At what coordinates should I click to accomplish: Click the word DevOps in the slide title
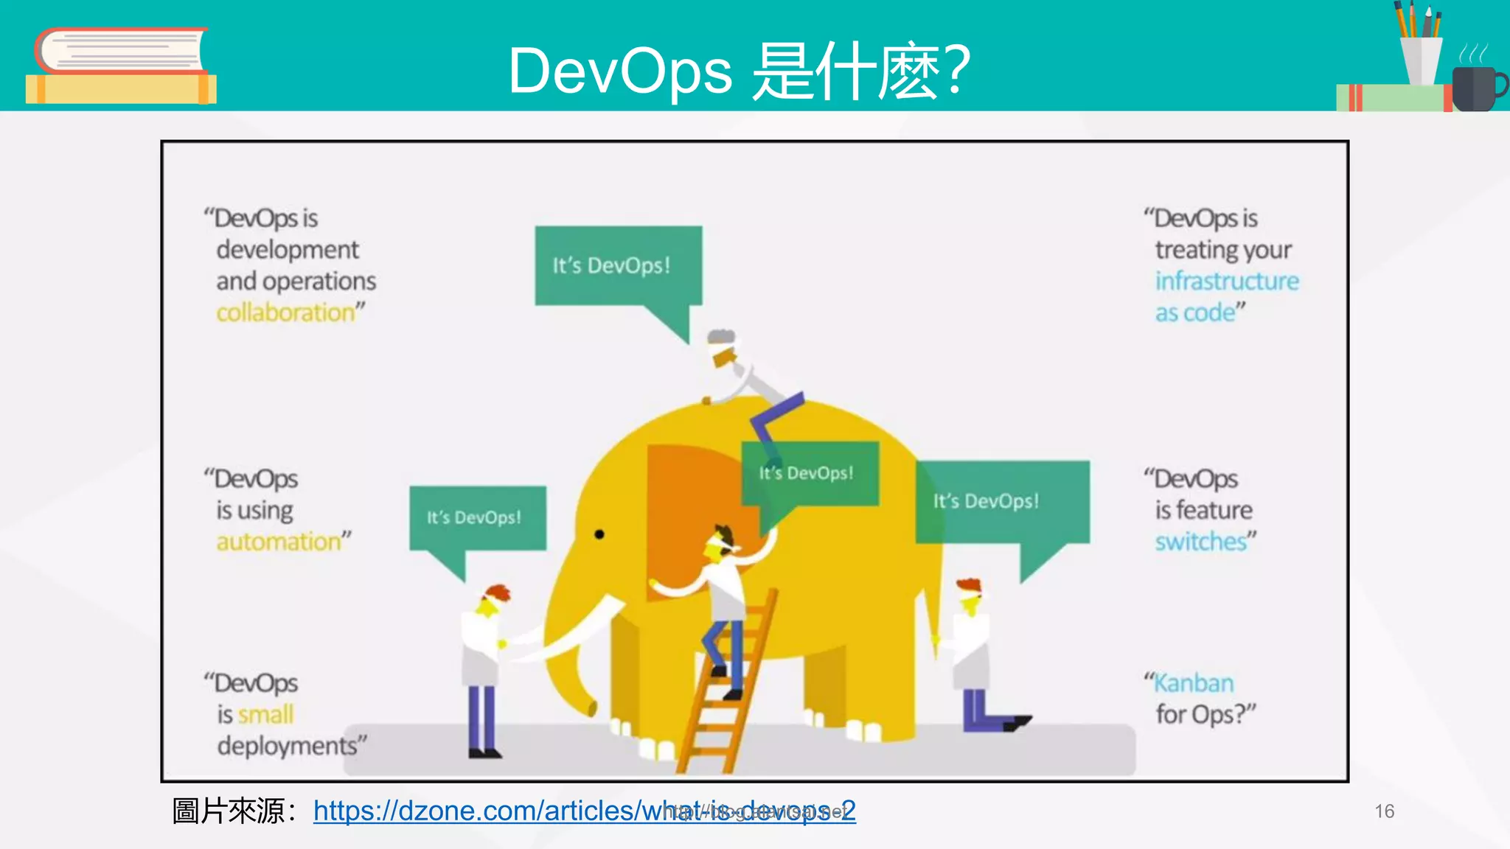(x=620, y=71)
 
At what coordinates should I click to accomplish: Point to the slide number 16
(x=1384, y=811)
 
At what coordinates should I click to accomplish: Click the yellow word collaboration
(x=286, y=312)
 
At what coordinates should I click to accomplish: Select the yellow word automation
(x=279, y=542)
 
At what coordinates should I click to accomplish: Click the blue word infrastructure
(x=1227, y=282)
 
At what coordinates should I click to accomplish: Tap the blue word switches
(x=1200, y=542)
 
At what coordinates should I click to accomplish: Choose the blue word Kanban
(x=1194, y=683)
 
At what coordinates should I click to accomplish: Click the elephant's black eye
(x=599, y=534)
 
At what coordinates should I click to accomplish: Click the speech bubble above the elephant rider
(x=618, y=265)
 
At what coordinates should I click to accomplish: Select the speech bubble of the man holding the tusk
(x=478, y=517)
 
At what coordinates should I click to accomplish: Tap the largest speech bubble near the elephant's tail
(x=1001, y=502)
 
